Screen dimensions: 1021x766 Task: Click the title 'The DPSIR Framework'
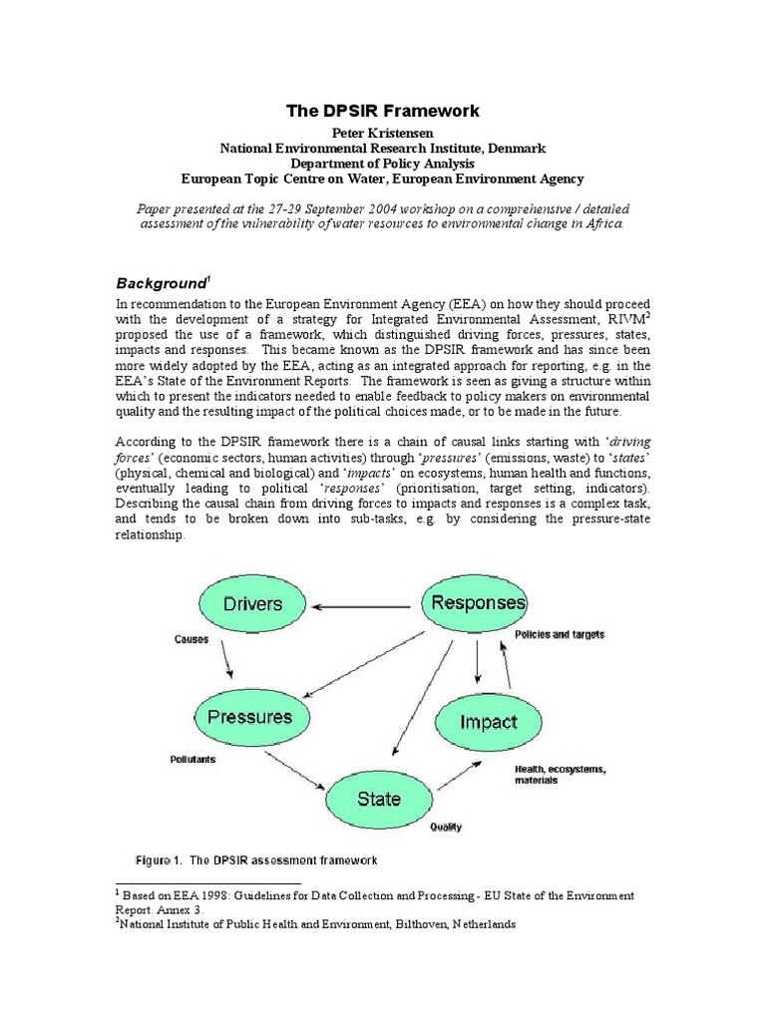coord(382,111)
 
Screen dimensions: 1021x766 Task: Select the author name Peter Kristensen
coord(382,133)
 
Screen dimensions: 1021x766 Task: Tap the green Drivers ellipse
coord(252,603)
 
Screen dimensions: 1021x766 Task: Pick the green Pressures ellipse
coord(249,717)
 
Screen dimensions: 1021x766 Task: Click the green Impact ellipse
coord(489,722)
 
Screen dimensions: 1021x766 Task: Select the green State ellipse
coord(379,799)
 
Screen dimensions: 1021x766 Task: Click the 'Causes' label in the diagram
coord(191,639)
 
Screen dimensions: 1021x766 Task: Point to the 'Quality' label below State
coord(445,827)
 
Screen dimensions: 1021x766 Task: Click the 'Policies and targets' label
coord(559,634)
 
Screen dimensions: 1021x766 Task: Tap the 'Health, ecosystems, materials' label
coord(560,774)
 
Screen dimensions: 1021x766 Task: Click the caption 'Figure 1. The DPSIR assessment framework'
coord(256,859)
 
